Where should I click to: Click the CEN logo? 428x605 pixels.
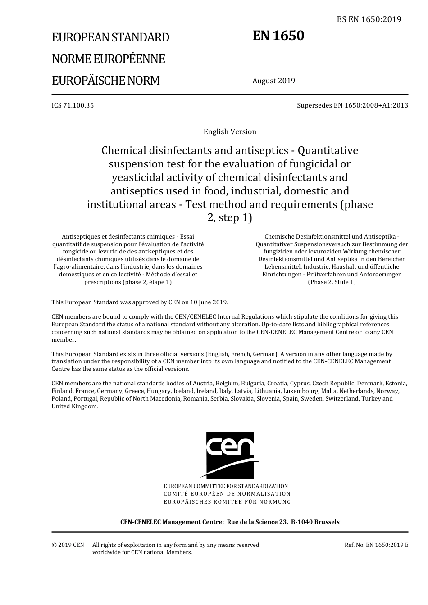pos(230,455)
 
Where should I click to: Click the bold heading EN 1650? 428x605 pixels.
pos(278,36)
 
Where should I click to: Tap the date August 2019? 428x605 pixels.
pos(273,81)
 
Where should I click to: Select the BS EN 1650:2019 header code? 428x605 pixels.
pos(369,19)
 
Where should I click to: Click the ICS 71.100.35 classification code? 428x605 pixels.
pos(73,105)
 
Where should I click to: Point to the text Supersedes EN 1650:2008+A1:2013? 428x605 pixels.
pos(352,105)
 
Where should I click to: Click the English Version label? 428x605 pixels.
pos(230,131)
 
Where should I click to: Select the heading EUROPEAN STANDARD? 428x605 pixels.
pos(110,37)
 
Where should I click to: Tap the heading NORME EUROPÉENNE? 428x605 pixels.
pos(108,59)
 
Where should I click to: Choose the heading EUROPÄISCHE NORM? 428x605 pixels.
pos(106,81)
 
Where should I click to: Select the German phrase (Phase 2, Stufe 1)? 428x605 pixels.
pos(332,282)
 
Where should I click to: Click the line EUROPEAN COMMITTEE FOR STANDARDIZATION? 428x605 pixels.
pos(226,486)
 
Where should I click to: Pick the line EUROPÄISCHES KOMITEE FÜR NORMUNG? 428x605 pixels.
pos(227,501)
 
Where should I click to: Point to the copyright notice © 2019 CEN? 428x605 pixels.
pos(68,545)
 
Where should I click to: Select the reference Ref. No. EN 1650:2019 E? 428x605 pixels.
pos(376,545)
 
